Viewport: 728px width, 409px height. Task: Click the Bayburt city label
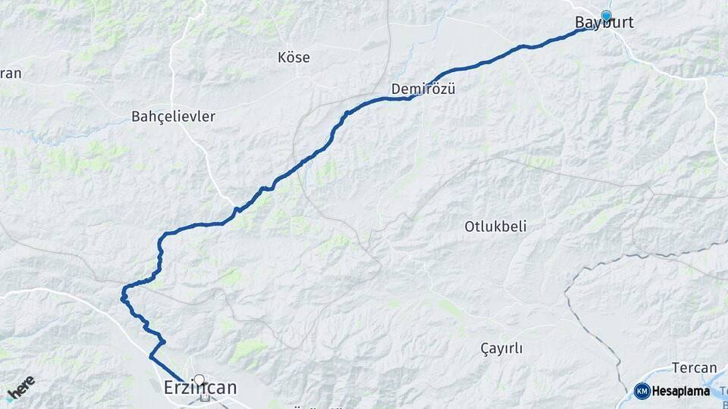point(604,23)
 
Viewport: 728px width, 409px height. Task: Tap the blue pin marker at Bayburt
point(606,15)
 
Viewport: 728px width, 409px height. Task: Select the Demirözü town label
point(422,89)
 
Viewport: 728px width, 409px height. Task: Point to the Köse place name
point(293,57)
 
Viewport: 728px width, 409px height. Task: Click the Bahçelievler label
point(173,117)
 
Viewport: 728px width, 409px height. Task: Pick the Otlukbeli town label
point(495,226)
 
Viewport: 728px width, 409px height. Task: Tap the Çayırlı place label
point(501,348)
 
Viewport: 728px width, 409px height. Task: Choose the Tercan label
point(694,368)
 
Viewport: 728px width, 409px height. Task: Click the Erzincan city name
point(200,388)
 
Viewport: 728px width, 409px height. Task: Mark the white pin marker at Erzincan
point(199,379)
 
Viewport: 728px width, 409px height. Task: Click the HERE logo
point(20,388)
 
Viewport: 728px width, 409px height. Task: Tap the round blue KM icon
point(642,391)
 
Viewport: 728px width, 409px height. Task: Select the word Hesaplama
point(680,392)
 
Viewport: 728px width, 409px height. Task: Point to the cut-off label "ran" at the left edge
point(11,73)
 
